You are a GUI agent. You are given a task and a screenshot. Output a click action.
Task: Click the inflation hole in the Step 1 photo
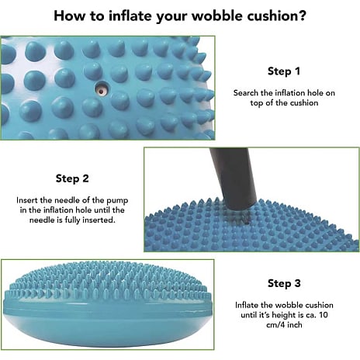(x=102, y=88)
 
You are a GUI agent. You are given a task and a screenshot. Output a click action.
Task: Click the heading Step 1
(x=284, y=71)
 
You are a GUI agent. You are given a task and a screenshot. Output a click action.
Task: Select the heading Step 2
(x=72, y=178)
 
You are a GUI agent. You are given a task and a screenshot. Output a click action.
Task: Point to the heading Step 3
(x=284, y=283)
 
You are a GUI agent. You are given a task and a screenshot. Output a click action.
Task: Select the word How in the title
(x=70, y=16)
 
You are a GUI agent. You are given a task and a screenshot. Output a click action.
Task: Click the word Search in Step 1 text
(x=246, y=93)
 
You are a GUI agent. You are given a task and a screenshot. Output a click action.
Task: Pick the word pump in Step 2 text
(x=117, y=201)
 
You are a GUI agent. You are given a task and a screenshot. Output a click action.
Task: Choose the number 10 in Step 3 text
(x=324, y=315)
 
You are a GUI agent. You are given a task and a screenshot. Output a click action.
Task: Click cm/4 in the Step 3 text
(x=275, y=325)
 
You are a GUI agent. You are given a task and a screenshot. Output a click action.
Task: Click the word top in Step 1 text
(x=257, y=103)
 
